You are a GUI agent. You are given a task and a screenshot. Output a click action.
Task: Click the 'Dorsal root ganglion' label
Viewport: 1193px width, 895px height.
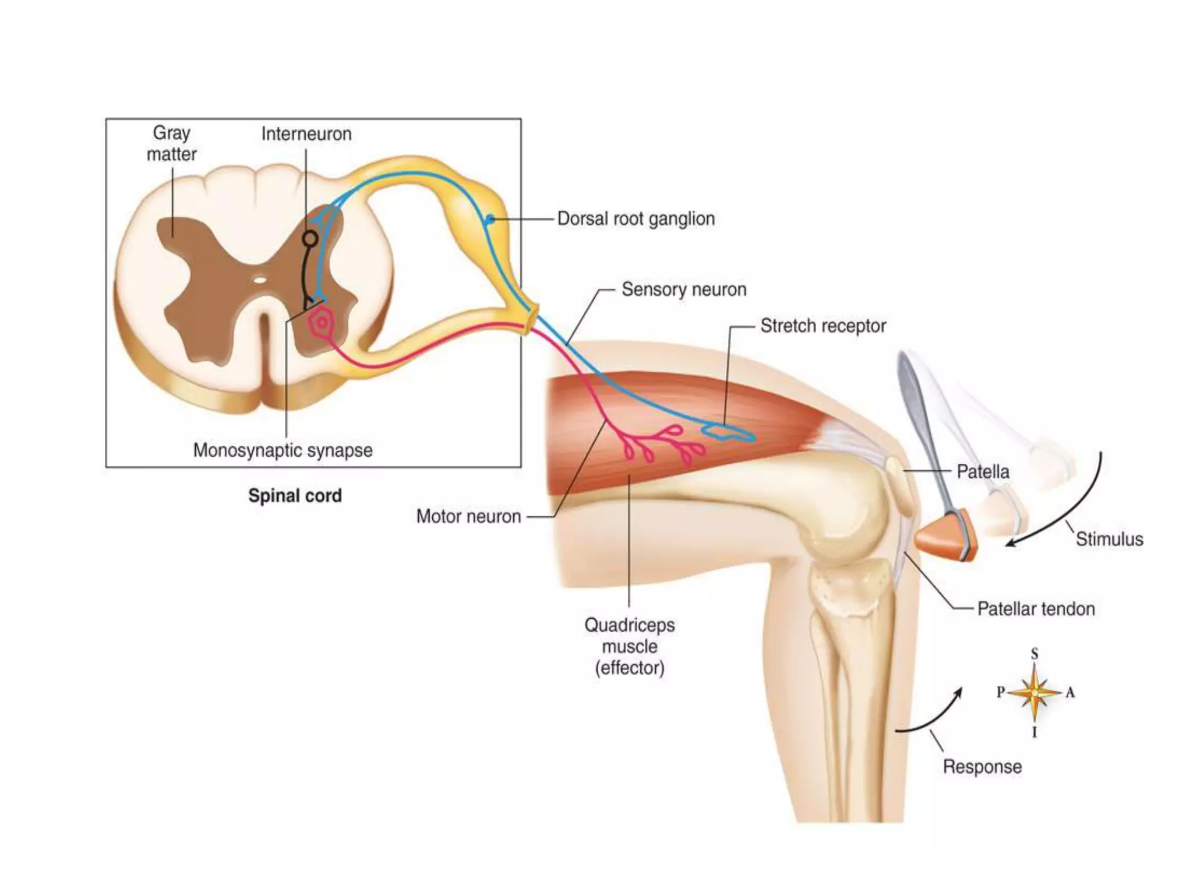click(x=636, y=219)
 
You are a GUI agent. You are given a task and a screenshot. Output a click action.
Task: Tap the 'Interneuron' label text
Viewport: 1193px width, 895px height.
click(x=306, y=134)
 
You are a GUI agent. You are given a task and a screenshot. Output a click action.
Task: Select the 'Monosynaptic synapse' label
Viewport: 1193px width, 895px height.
click(x=283, y=450)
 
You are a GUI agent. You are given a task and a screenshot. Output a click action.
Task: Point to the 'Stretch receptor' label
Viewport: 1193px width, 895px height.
click(x=823, y=326)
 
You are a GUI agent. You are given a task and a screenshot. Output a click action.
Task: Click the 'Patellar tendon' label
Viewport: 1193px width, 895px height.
click(x=1036, y=609)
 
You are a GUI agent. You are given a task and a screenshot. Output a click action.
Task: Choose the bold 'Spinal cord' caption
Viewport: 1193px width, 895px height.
click(x=295, y=496)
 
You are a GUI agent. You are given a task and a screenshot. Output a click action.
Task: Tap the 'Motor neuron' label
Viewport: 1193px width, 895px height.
click(x=468, y=516)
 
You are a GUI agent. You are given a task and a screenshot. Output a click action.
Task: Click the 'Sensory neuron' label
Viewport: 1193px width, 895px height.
click(x=684, y=290)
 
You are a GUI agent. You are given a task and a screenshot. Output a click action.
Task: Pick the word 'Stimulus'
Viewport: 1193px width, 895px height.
click(x=1109, y=539)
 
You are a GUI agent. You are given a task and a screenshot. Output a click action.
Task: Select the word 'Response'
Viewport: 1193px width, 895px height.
click(x=982, y=766)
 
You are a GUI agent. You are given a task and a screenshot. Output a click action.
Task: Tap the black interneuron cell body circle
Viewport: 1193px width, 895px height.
click(x=310, y=238)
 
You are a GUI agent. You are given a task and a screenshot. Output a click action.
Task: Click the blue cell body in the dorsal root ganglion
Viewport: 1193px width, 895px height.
click(x=490, y=220)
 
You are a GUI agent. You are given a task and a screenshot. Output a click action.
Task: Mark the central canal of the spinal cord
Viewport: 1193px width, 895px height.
click(x=260, y=280)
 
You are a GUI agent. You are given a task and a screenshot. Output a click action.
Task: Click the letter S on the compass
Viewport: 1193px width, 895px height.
click(x=1035, y=654)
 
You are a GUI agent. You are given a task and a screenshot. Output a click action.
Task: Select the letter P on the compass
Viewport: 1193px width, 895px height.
click(x=1001, y=692)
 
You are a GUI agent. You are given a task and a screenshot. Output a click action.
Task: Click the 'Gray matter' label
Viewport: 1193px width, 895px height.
click(x=171, y=143)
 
